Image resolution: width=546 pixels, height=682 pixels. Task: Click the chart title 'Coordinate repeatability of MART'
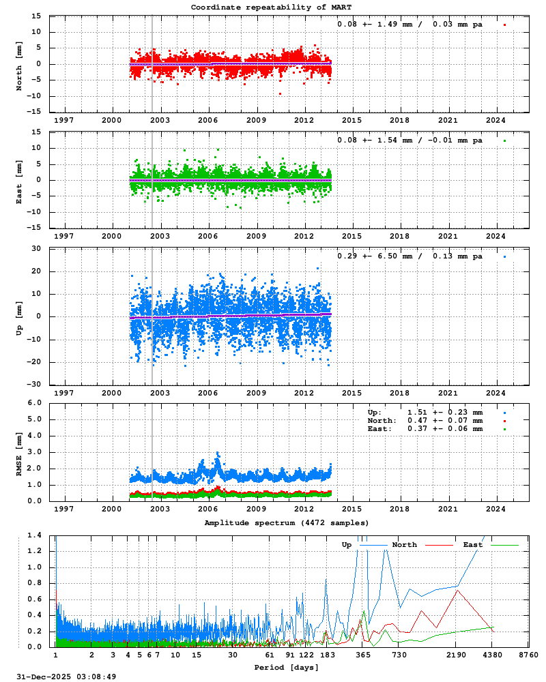click(x=271, y=8)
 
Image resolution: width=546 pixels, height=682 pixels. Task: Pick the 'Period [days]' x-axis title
click(x=281, y=666)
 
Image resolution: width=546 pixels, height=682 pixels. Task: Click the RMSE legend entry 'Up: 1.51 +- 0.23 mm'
click(x=425, y=413)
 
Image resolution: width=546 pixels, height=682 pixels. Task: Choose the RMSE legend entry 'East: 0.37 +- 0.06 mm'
click(x=425, y=429)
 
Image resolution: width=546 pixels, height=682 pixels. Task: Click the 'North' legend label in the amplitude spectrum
click(x=404, y=545)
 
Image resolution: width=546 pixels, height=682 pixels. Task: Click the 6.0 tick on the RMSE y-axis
click(x=34, y=402)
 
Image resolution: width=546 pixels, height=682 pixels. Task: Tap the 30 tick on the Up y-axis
click(x=36, y=248)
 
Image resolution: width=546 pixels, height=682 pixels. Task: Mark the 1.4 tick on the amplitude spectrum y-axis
click(x=35, y=535)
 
